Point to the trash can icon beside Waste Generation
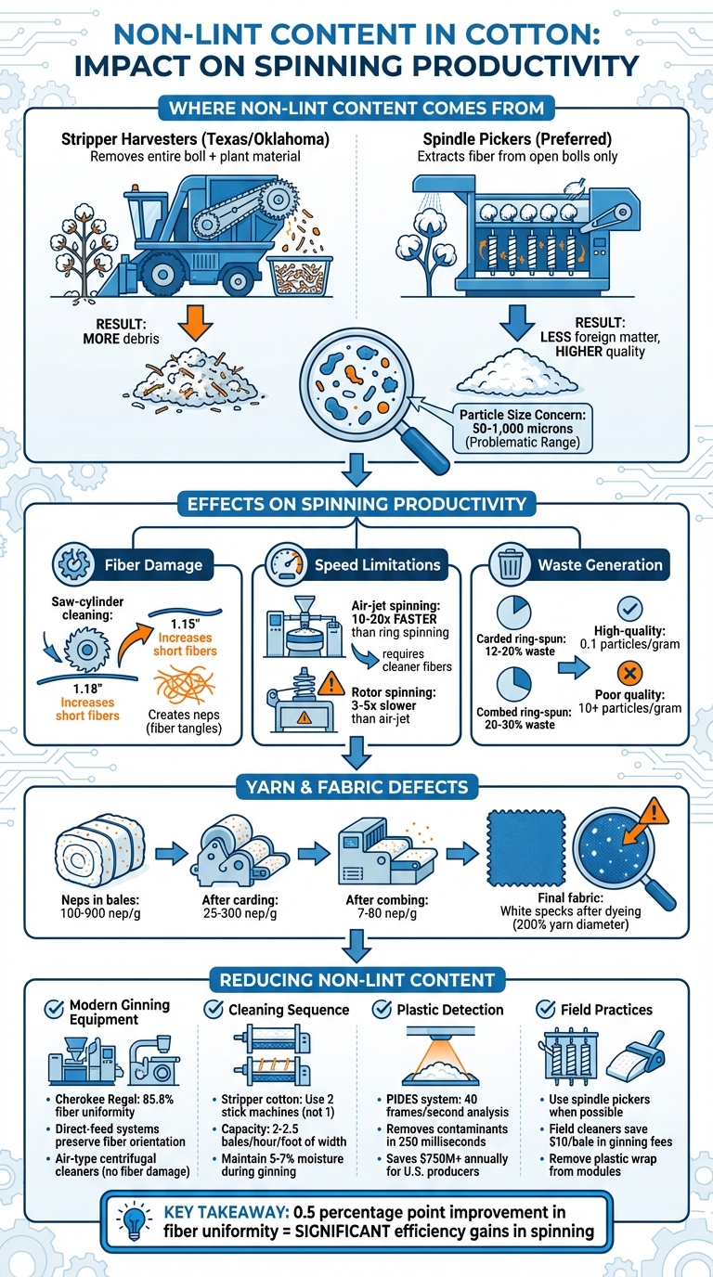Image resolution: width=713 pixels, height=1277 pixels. tap(511, 563)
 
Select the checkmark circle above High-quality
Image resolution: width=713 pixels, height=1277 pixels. tap(629, 609)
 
